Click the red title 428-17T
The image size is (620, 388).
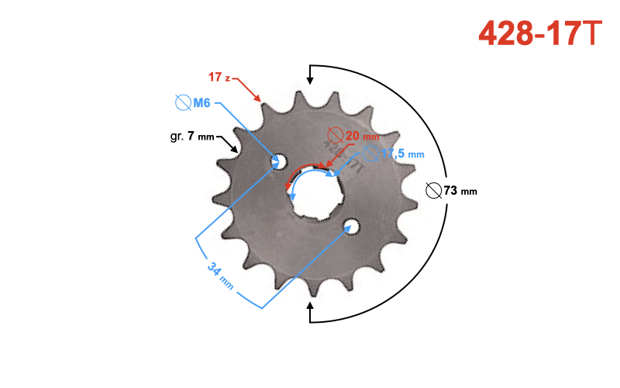pyautogui.click(x=539, y=33)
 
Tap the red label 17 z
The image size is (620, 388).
pyautogui.click(x=219, y=77)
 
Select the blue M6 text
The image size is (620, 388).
pyautogui.click(x=202, y=102)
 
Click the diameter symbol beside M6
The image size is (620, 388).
pyautogui.click(x=184, y=102)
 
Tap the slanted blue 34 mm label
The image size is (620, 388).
pyautogui.click(x=221, y=275)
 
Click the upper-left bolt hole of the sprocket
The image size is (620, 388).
pyautogui.click(x=277, y=161)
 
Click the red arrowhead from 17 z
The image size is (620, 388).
pyautogui.click(x=260, y=99)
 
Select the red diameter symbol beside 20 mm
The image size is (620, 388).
pyautogui.click(x=336, y=135)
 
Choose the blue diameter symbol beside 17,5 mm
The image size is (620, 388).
pyautogui.click(x=369, y=154)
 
